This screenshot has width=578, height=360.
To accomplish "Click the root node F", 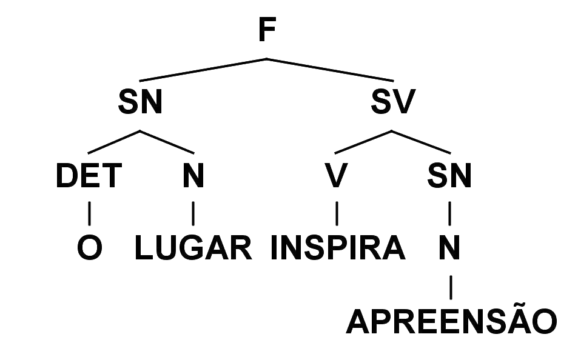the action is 264,29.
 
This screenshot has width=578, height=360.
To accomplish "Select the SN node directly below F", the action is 140,102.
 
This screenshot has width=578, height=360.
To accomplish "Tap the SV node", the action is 392,102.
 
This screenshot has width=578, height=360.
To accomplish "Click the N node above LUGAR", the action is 192,176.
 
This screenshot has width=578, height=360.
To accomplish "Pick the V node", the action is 336,176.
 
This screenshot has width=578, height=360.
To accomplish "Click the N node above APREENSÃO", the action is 449,248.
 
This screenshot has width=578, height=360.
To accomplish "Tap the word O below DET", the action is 89,249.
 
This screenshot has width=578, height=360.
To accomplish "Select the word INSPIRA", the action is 337,249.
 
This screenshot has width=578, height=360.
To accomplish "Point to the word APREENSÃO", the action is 451,322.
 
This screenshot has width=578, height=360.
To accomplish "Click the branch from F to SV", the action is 331,70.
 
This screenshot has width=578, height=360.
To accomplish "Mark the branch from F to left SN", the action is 203,70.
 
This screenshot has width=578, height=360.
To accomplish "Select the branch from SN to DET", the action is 114,142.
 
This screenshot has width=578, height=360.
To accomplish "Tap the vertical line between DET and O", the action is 89,212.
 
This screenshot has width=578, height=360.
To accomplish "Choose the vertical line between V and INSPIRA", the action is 337,212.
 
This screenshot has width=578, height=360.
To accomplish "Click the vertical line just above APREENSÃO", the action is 450,285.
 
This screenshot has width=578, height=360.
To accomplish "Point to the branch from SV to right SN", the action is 422,142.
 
